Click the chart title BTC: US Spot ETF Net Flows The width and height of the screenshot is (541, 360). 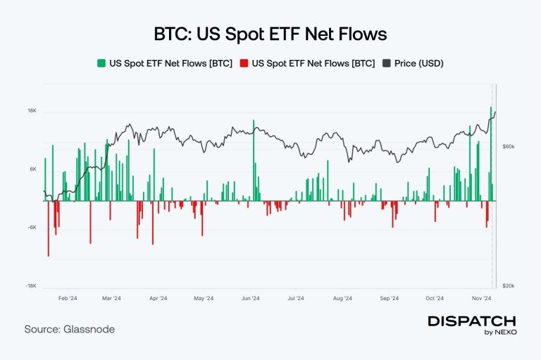pyautogui.click(x=270, y=34)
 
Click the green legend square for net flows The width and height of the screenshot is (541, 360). pyautogui.click(x=101, y=63)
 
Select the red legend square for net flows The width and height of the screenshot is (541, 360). pyautogui.click(x=243, y=63)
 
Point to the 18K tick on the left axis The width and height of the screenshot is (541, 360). pyautogui.click(x=32, y=111)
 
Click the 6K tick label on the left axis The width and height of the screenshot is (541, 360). pyautogui.click(x=32, y=169)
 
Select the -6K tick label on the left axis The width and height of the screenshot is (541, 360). pyautogui.click(x=32, y=227)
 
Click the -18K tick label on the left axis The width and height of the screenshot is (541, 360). pyautogui.click(x=32, y=285)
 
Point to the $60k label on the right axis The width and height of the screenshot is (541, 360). pyautogui.click(x=508, y=147)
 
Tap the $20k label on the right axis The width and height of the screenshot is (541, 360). pyautogui.click(x=508, y=285)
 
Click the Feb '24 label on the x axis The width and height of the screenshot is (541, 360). pyautogui.click(x=68, y=299)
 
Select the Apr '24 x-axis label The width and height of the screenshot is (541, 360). pyautogui.click(x=158, y=299)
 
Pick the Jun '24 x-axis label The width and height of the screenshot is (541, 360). pyautogui.click(x=250, y=299)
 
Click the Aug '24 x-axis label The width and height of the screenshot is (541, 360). pyautogui.click(x=342, y=299)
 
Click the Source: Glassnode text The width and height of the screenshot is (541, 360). pyautogui.click(x=69, y=329)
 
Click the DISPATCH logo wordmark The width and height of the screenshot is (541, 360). pyautogui.click(x=472, y=321)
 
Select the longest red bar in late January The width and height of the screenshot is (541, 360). pyautogui.click(x=49, y=228)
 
